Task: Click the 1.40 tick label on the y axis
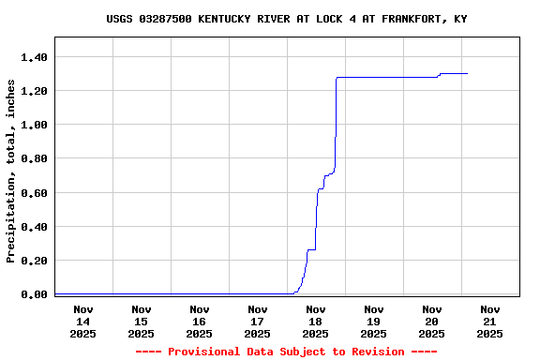[34, 57]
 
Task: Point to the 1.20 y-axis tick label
[34, 91]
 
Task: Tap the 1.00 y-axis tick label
[34, 125]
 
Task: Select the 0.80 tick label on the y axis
[34, 158]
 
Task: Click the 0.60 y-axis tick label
[34, 193]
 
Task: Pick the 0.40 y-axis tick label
[34, 227]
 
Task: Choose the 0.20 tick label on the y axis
[34, 261]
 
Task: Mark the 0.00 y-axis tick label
[34, 294]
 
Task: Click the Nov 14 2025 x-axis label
[83, 321]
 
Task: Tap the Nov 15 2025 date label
[142, 321]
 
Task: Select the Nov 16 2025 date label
[200, 321]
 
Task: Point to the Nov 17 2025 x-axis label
[258, 321]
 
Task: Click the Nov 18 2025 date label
[316, 321]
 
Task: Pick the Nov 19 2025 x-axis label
[374, 321]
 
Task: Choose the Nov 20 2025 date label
[432, 321]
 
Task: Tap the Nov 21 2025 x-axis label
[490, 321]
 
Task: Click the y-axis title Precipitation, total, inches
[11, 171]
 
